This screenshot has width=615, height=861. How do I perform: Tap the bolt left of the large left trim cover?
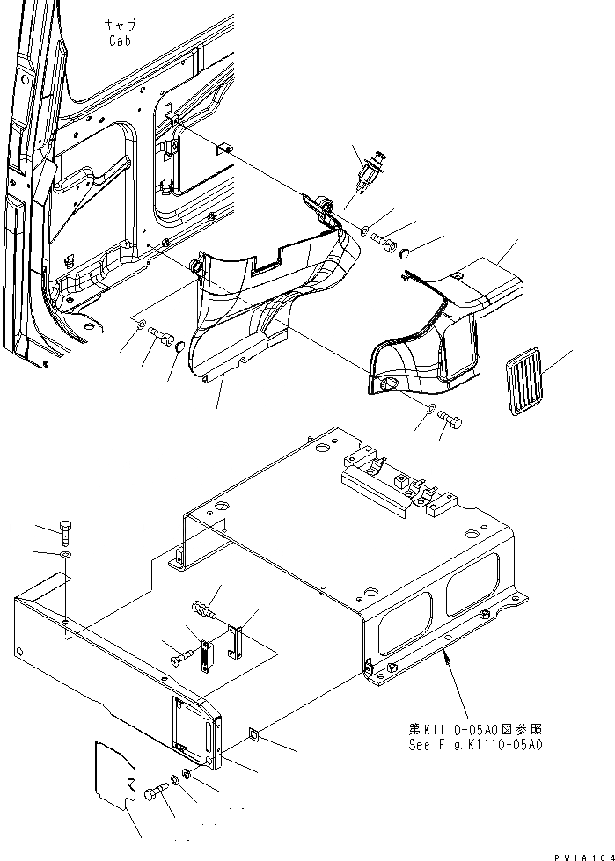coord(158,334)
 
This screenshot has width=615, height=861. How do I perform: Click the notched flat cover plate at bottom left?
coord(114,775)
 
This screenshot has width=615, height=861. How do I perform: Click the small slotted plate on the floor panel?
coord(208,656)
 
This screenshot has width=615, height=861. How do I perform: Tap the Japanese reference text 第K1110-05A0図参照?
coord(474,728)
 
